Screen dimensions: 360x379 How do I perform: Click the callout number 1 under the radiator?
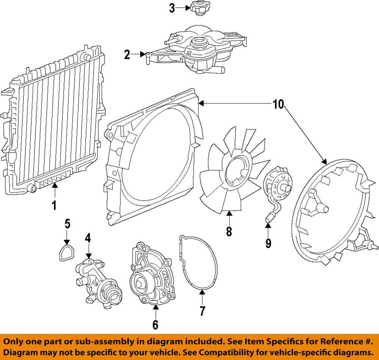coord(54,205)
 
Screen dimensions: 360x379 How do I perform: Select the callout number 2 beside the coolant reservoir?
coord(127,55)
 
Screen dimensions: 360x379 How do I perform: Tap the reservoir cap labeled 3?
coord(199,8)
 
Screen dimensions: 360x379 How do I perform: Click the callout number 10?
coord(278,104)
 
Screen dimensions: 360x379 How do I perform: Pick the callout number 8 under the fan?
coord(229,231)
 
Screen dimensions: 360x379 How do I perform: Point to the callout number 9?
coord(268,243)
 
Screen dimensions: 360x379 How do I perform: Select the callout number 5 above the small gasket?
coord(67,224)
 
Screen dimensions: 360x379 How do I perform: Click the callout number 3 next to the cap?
coord(172,8)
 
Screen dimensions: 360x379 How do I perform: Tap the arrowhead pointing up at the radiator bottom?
coord(54,185)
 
